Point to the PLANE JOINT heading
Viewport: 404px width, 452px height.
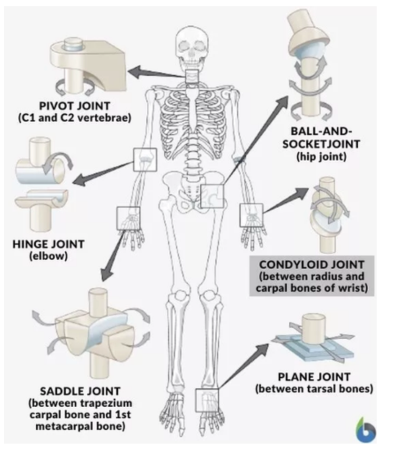click(314, 378)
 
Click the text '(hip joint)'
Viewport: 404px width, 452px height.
click(320, 156)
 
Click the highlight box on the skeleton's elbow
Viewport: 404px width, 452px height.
click(145, 160)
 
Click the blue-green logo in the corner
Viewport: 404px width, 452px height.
click(366, 429)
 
